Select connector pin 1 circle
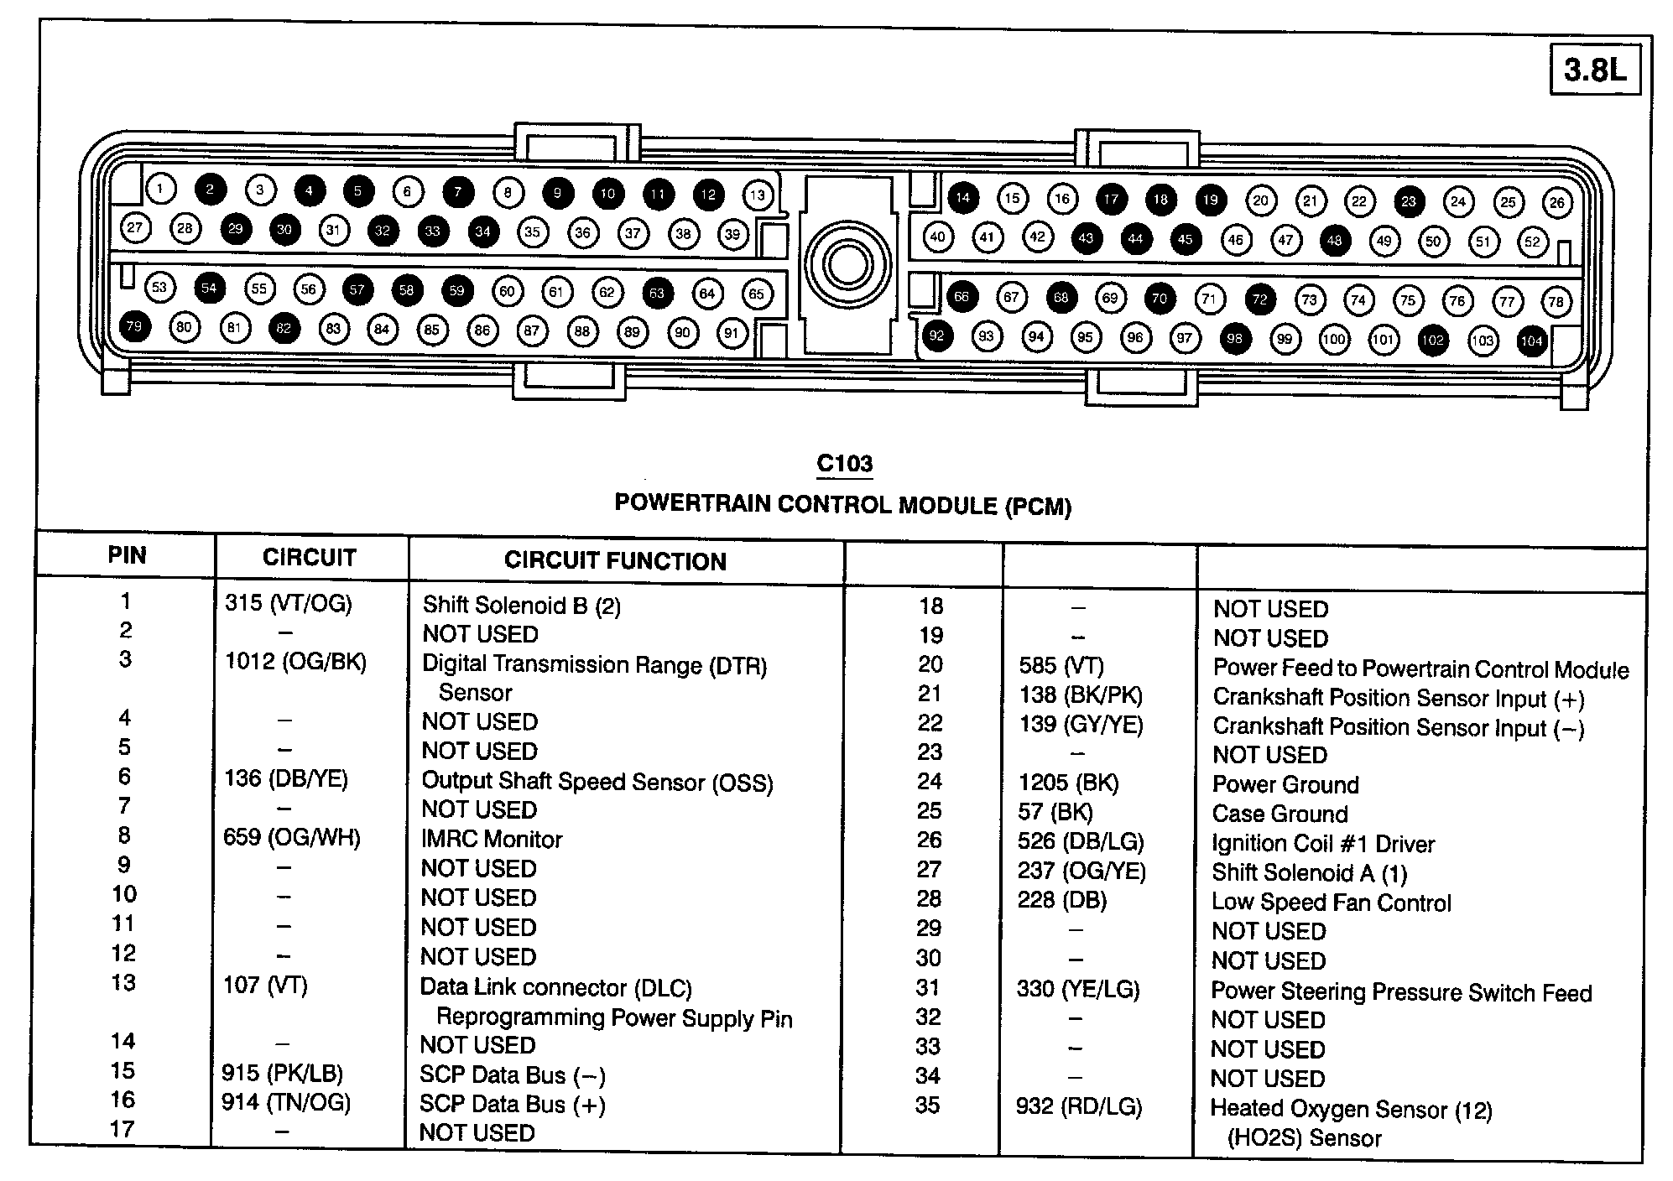161,188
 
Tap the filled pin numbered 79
134,325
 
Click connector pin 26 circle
1557,202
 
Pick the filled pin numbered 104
1532,341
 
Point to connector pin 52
1533,242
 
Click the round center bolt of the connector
847,265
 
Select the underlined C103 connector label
845,464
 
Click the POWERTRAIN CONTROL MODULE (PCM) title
843,504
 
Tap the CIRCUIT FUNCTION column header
615,561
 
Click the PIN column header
127,555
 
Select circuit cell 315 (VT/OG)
288,603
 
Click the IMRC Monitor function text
492,839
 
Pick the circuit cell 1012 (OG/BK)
295,662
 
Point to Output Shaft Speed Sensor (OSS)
597,782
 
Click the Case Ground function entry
1280,814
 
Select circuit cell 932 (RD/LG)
1078,1107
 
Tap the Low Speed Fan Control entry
1331,903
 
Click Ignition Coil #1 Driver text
1323,844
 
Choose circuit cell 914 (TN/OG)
285,1102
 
